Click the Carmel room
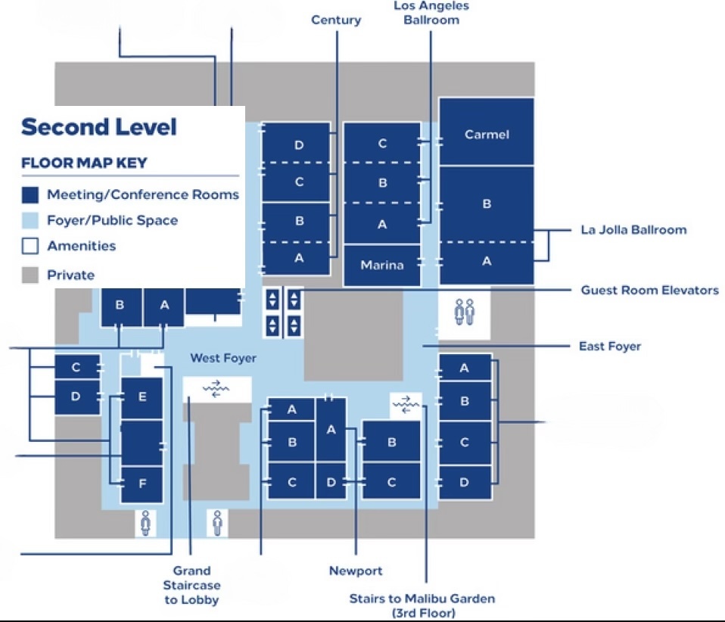coord(487,135)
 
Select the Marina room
coord(382,266)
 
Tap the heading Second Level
coord(99,127)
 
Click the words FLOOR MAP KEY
coord(84,163)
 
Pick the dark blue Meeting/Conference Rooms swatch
coord(30,195)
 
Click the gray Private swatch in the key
coord(30,275)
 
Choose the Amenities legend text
coord(82,246)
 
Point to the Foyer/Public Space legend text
coord(113,221)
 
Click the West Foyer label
coord(223,358)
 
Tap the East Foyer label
coord(609,347)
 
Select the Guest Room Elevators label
coord(649,290)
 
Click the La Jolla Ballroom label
coord(633,229)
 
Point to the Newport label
coord(356,571)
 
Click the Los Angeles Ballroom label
coord(431,13)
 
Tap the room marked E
coord(142,397)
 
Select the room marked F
coord(142,483)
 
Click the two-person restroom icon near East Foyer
coord(464,311)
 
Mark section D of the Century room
coord(299,145)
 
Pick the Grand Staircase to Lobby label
coord(191,585)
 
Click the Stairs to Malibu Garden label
coord(422,605)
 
